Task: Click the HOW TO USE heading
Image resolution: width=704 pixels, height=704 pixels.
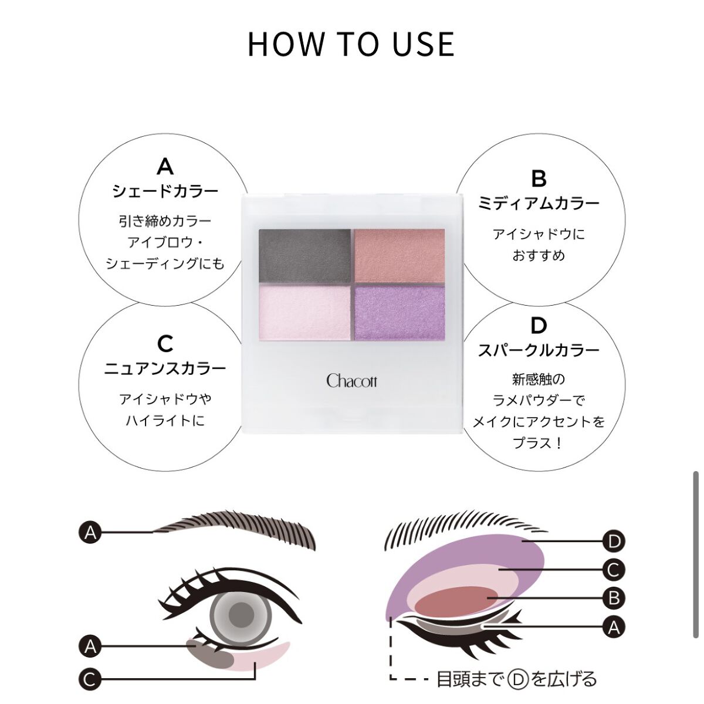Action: tap(351, 45)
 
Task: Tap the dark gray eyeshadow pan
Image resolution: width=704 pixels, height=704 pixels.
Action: tap(304, 256)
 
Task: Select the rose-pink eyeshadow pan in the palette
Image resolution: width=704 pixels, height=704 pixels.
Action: tap(400, 256)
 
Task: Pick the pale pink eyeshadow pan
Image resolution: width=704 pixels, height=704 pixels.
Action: tap(304, 313)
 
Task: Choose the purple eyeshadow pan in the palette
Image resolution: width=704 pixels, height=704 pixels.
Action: tap(400, 313)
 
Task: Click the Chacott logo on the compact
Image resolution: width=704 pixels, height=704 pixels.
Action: tap(351, 381)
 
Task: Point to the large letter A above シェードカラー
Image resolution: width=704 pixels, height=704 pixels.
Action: tap(165, 167)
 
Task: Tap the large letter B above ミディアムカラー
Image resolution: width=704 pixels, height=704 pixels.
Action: tap(539, 179)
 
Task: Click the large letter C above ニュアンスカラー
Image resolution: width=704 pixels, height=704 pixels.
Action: tap(165, 344)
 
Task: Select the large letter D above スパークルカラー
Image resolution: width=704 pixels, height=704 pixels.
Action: tap(539, 326)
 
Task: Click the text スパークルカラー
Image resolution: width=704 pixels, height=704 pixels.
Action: tap(539, 351)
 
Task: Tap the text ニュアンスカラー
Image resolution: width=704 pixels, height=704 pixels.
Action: tap(165, 369)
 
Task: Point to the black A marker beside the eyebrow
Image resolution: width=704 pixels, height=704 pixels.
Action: tap(90, 532)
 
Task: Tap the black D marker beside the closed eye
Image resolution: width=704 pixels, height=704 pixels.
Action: tap(614, 541)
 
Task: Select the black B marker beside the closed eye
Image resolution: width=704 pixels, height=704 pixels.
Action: tap(614, 598)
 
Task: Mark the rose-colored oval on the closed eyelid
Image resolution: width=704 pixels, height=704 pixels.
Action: tap(455, 601)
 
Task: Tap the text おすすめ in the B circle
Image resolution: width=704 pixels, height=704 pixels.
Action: tap(539, 255)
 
